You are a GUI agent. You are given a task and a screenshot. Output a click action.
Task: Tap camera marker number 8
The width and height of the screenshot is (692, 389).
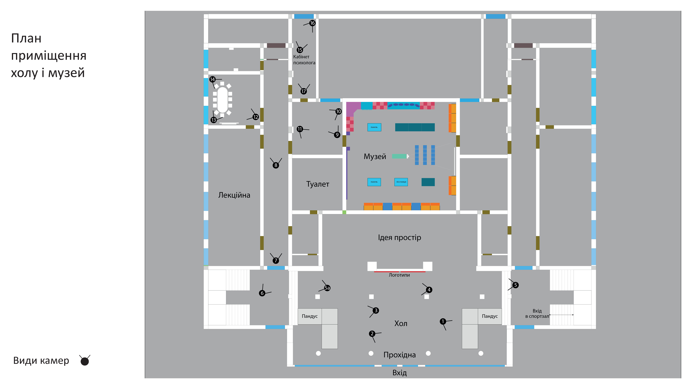point(276,165)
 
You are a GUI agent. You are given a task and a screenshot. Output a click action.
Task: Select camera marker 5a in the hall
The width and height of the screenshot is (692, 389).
point(327,288)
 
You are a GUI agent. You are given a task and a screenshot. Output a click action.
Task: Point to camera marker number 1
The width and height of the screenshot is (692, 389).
point(443,321)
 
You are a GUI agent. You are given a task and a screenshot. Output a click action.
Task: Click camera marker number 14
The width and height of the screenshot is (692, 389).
point(212,79)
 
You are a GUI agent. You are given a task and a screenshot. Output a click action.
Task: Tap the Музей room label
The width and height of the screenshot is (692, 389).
point(375,156)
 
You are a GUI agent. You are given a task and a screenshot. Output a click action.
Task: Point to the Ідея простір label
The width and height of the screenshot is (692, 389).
point(399,238)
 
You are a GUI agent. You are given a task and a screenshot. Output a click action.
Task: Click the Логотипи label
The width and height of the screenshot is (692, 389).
point(399,275)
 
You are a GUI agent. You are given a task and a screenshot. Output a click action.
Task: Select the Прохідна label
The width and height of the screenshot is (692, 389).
point(399,355)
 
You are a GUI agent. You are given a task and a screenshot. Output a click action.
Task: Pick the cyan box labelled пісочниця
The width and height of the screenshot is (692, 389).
point(401,182)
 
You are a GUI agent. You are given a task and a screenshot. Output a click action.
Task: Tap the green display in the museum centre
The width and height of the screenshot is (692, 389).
point(399,156)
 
